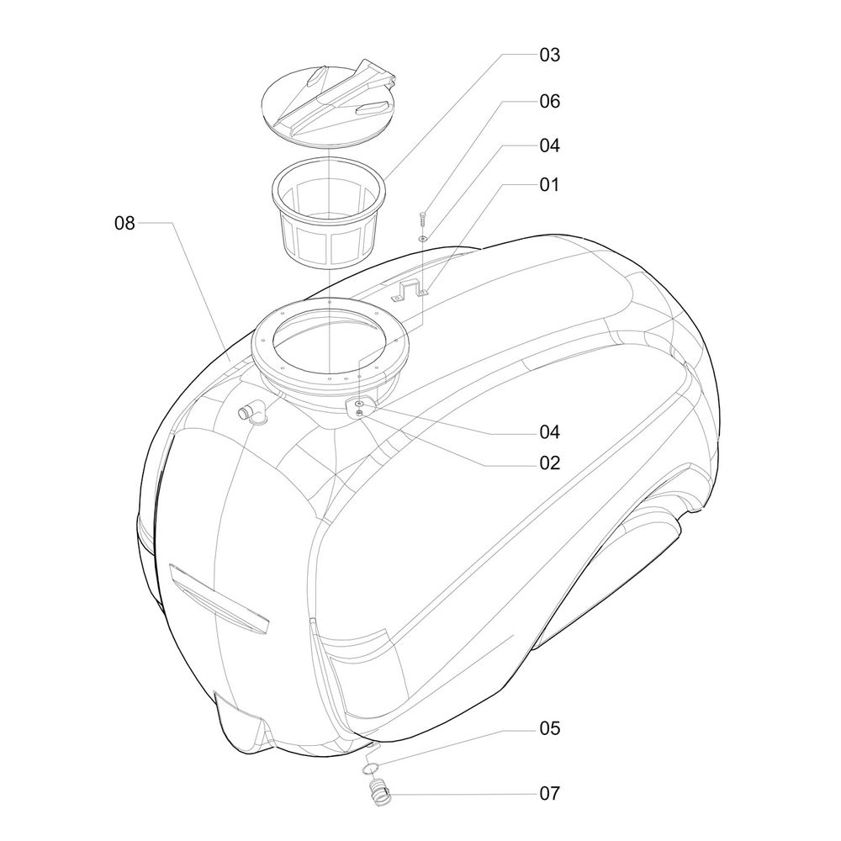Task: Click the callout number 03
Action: [550, 55]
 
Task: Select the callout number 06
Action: [550, 102]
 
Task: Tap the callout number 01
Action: [550, 184]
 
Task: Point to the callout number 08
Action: [124, 223]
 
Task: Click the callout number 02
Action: [550, 463]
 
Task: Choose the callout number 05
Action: [550, 727]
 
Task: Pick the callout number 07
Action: [550, 793]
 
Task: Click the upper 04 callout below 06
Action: [550, 145]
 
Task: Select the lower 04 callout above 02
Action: [550, 431]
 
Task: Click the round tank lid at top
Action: [328, 103]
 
